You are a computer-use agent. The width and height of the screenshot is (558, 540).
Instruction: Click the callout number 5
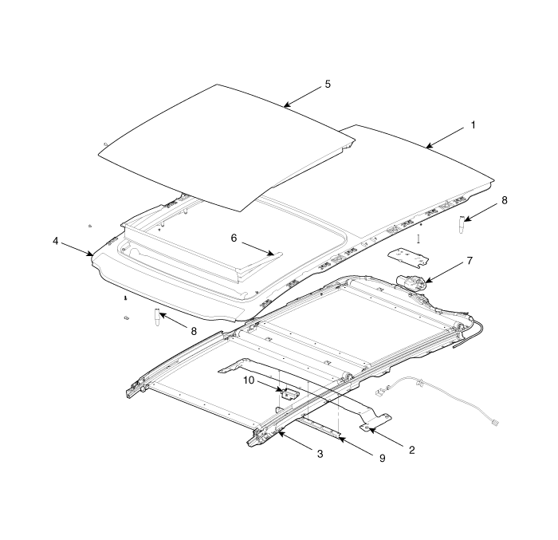coord(328,85)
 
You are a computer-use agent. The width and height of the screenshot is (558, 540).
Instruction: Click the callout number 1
coord(473,125)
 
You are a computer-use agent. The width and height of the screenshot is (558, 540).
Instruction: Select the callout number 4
coord(56,241)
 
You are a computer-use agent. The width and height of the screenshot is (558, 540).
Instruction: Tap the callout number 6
coord(234,238)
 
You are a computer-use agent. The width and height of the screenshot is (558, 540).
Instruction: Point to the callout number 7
coord(470,261)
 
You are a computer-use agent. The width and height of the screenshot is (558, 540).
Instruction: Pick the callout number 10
coord(249,380)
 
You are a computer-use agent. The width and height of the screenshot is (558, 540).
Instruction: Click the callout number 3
coord(320,454)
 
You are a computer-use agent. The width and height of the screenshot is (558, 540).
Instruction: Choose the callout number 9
coord(382,458)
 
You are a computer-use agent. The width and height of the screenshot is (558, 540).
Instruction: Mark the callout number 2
coord(412,450)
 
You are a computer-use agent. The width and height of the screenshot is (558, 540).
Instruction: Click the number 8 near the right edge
coord(505,200)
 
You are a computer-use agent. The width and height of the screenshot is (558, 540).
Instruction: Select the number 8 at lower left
coord(194,331)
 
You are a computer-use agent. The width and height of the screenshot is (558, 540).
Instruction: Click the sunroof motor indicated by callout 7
coord(411,282)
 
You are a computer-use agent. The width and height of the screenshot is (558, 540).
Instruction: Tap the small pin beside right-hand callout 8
coord(462,224)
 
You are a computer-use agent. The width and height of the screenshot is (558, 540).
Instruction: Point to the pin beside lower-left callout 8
coord(156,317)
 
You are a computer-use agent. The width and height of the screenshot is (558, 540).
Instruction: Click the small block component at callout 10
coord(290,393)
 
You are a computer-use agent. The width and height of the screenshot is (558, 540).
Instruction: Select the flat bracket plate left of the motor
coord(408,258)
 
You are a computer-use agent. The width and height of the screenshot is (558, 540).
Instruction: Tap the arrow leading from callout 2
coord(386,437)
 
